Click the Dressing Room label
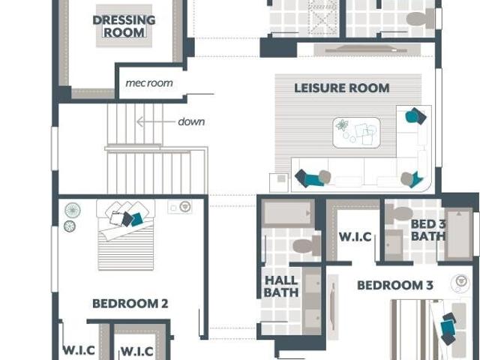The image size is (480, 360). point(124,26)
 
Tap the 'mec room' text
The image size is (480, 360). point(149,83)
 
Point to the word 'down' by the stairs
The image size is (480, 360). point(191,121)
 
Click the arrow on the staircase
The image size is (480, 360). point(154,121)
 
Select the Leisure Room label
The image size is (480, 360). point(342,88)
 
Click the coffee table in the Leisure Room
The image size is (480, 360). point(357,133)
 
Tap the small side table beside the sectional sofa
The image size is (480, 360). point(278,183)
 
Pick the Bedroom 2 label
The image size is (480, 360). point(130,304)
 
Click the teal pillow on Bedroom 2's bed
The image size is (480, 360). point(136,220)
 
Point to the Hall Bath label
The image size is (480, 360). point(281,286)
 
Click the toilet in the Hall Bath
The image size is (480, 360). point(307,246)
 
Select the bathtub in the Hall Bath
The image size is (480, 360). point(288,213)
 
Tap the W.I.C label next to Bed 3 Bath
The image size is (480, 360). point(355,237)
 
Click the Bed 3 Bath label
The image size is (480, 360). point(427,230)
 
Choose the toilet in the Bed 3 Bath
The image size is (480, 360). point(398,214)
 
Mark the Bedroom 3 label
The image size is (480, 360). point(395,285)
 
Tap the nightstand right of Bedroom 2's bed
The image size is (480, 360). point(180,207)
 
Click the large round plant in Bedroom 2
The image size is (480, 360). point(73,210)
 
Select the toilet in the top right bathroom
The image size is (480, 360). point(421,18)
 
